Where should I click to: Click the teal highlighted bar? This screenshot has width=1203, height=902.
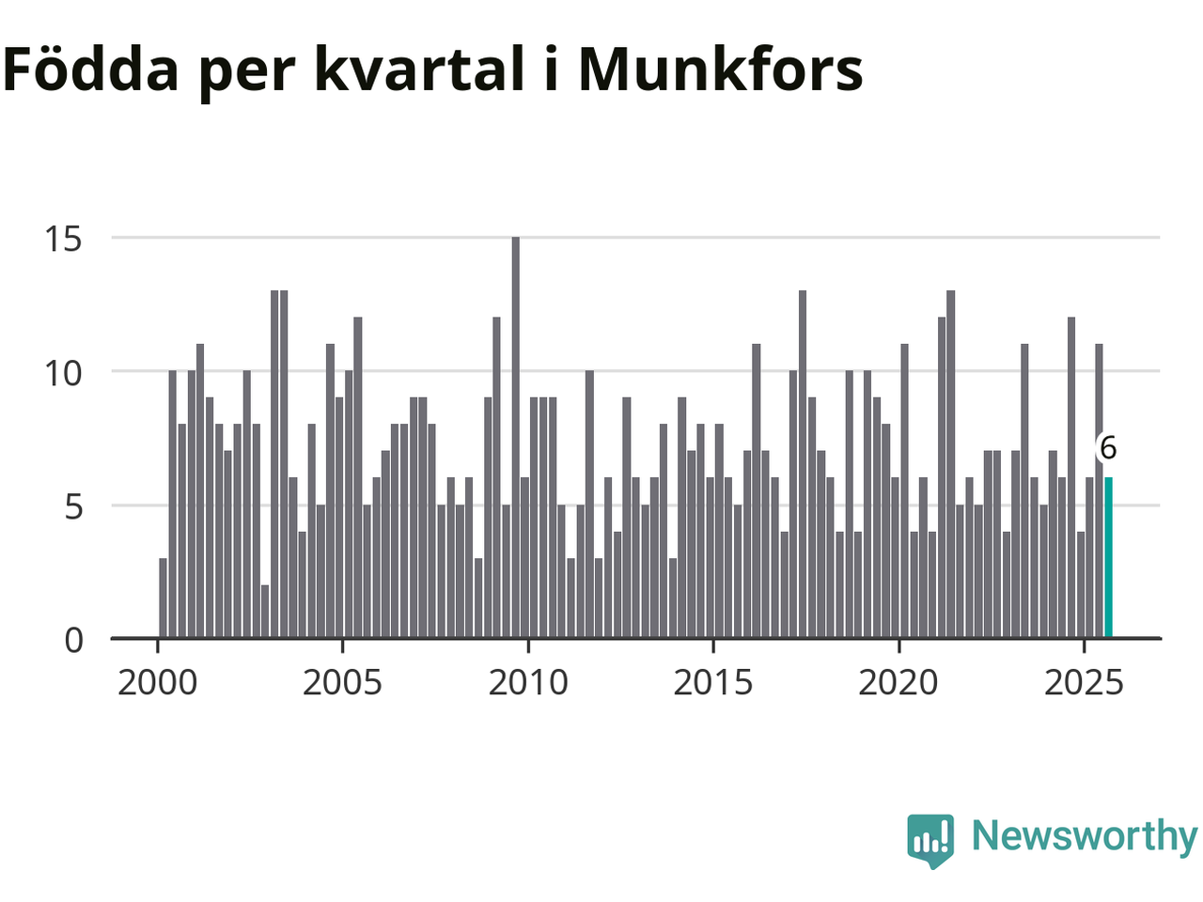coord(1108,558)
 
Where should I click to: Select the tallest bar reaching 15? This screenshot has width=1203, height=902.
coord(515,438)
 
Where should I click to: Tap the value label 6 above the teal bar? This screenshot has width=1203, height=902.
coord(1108,449)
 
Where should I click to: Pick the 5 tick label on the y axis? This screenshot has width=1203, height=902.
coord(73,506)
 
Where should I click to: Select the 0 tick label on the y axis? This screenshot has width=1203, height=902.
coord(73,641)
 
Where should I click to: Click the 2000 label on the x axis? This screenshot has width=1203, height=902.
coord(158,683)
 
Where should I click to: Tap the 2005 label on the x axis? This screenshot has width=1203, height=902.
coord(342,683)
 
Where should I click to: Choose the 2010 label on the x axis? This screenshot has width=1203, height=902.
coord(528,683)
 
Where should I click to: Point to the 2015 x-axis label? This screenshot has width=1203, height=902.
coord(713,683)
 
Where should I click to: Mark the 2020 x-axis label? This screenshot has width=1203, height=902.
coord(898,683)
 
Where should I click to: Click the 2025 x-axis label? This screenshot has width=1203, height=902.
coord(1084,683)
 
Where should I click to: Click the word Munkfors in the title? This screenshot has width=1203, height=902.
coord(720,70)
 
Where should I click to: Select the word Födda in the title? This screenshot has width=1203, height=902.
coord(90,70)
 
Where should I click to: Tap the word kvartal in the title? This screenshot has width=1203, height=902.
coord(418,70)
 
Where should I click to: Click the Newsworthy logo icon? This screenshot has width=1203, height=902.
coord(930,839)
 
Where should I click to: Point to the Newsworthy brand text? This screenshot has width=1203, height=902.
coord(1084,835)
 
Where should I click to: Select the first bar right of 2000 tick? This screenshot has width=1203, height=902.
coord(163,599)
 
